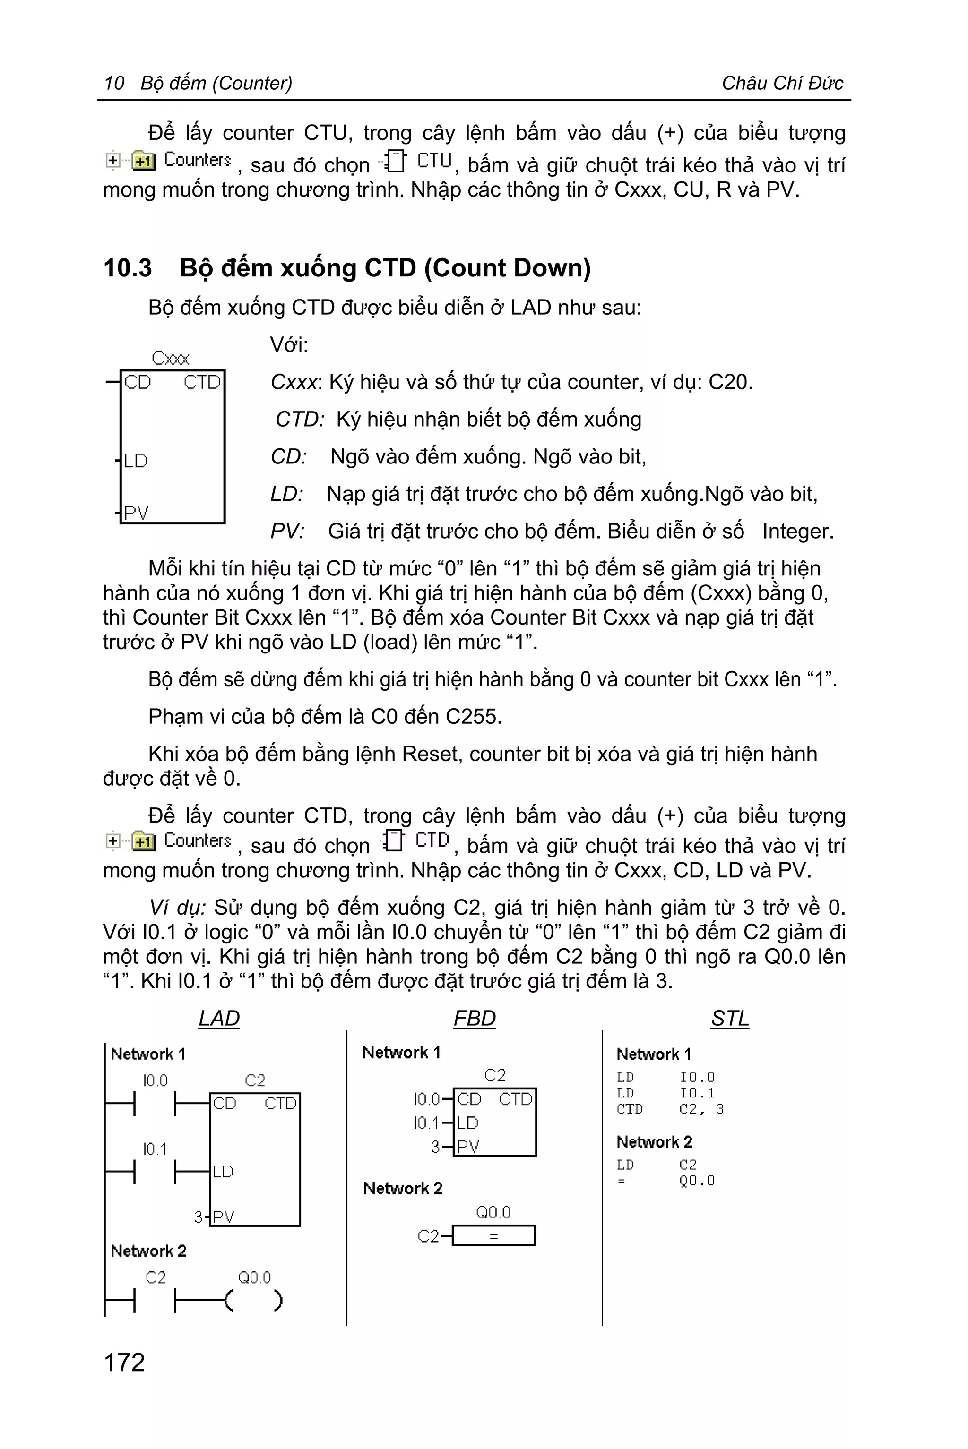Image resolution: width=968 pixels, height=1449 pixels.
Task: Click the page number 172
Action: pos(124,1362)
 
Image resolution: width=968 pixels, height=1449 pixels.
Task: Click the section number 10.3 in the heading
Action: pos(127,268)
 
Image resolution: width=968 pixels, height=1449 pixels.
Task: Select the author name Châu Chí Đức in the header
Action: pos(782,83)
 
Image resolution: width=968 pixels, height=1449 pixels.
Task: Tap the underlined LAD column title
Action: pos(218,1018)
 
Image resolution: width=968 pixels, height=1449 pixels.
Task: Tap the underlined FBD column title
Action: pos(474,1018)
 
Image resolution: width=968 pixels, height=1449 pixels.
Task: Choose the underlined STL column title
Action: pos(730,1018)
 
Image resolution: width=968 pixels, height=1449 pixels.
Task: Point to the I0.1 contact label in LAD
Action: pos(155,1149)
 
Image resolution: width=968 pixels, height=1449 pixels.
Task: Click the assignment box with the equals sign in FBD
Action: pos(493,1235)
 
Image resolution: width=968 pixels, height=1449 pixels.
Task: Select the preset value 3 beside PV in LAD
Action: pos(198,1217)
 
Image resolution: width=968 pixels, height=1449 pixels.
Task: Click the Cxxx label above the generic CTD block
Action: pos(170,358)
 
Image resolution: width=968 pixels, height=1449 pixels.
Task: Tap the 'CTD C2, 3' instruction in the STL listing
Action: pos(670,1109)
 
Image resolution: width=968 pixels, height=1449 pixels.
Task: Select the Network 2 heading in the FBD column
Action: pos(403,1189)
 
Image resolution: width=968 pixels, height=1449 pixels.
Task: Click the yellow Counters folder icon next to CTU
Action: pos(143,161)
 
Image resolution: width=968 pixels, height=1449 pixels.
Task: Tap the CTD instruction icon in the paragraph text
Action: pos(393,840)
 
